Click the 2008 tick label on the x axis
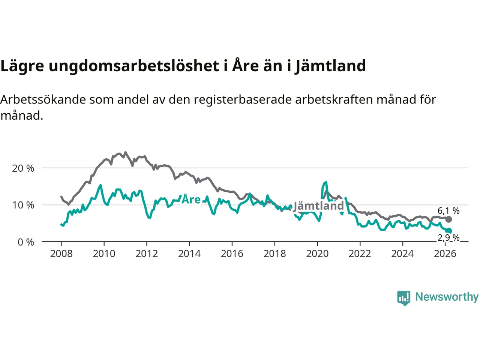coord(61,254)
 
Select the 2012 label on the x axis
coord(147,254)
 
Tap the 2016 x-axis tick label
coord(232,254)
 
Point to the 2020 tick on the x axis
coord(317,254)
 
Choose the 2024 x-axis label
coord(402,254)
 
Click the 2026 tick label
coord(445,254)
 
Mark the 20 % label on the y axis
coord(23,168)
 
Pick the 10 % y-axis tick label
coord(23,205)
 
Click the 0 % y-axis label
coord(25,242)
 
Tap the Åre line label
coord(191,199)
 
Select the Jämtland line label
coord(318,206)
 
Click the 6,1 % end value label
coord(448,211)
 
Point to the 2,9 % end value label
coord(448,238)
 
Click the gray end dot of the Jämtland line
coord(448,219)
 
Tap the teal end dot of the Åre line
coord(449,231)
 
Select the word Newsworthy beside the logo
coord(447,297)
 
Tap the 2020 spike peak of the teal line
coord(326,182)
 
